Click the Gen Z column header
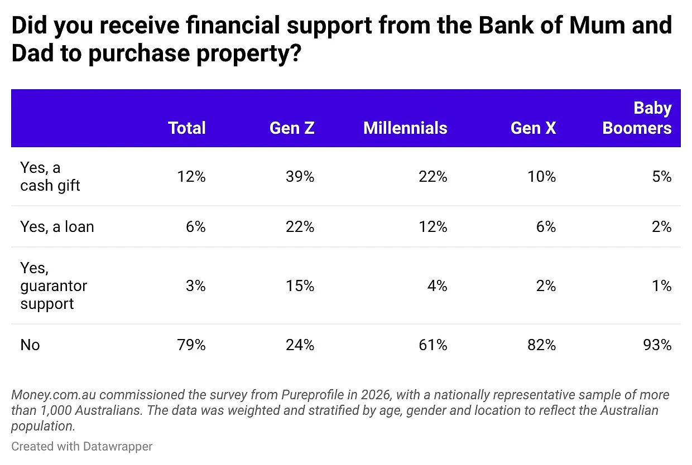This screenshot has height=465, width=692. point(292,128)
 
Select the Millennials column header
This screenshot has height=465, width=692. point(405,128)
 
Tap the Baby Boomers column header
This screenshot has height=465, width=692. point(637,118)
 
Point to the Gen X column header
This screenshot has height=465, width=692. point(533,128)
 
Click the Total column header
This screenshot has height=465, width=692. point(186,128)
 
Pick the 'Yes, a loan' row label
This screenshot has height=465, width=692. point(57,227)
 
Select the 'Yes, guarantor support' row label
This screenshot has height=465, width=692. point(54,285)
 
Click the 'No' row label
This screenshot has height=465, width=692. point(30,345)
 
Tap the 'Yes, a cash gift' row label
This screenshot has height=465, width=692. point(50,177)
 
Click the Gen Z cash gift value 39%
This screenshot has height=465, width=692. point(300,177)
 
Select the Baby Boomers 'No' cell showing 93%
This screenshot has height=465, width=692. point(657,345)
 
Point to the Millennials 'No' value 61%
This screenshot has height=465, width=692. point(433,345)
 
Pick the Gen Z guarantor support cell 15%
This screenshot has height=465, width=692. point(300,286)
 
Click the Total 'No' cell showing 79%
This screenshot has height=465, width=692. point(191,345)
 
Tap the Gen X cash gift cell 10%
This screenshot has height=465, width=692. point(541,177)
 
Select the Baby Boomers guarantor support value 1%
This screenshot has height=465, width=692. point(662,286)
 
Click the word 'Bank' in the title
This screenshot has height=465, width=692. point(506,25)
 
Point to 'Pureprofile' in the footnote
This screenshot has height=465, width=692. point(313,395)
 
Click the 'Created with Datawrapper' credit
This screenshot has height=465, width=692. point(82,447)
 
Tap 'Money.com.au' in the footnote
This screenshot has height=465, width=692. point(54,395)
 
